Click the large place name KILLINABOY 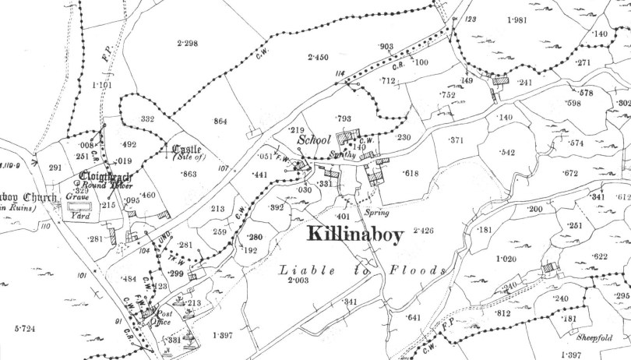(x=354, y=235)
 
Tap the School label (x=313, y=141)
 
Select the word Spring (x=376, y=212)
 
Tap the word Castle (x=186, y=150)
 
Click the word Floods (x=418, y=270)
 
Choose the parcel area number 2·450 (x=319, y=57)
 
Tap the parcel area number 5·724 (x=26, y=330)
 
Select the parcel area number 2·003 (x=298, y=280)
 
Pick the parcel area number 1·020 (x=506, y=258)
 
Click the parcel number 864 (x=220, y=121)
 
